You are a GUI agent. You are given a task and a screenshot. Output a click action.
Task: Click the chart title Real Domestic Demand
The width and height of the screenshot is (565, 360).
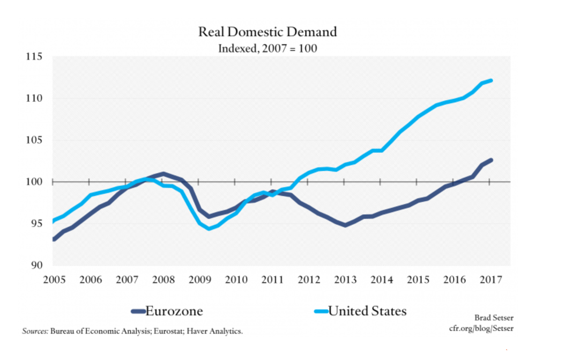pos(267,32)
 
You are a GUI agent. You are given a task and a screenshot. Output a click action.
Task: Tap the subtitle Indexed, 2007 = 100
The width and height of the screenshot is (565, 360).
pos(267,48)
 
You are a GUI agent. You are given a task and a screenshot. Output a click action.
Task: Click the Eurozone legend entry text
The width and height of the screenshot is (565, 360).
pos(174,311)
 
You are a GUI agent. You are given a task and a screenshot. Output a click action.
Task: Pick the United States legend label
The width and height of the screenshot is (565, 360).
pos(367,311)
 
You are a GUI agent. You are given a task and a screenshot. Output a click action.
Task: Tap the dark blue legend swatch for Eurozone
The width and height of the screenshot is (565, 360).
pos(138,311)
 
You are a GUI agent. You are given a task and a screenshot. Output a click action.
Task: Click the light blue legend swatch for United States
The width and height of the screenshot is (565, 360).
pos(320,311)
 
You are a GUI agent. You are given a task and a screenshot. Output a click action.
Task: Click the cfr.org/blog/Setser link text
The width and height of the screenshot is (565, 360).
pos(481,328)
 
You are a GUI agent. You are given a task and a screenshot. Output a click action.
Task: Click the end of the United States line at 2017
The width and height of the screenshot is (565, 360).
pos(491,80)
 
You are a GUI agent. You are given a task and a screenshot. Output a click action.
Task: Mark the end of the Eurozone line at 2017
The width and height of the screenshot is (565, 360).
pos(491,160)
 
